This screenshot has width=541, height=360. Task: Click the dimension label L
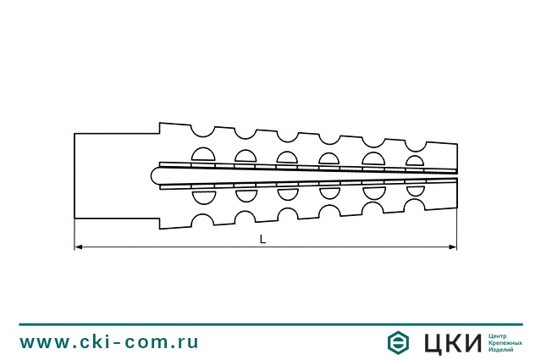click(262, 240)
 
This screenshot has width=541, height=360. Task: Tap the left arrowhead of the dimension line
click(79, 247)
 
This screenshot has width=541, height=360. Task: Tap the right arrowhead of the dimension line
click(453, 247)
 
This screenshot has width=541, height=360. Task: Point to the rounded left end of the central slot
click(155, 176)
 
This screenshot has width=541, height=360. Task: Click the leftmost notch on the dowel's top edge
click(202, 130)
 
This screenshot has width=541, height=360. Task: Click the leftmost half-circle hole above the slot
click(202, 154)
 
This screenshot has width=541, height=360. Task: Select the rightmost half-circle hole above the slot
click(415, 160)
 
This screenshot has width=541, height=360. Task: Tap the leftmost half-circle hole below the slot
click(202, 197)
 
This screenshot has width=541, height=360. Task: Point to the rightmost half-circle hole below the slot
click(415, 191)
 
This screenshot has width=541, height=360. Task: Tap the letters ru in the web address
click(188, 342)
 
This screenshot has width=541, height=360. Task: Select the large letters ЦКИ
click(451, 342)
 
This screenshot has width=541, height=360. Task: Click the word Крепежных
click(505, 342)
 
